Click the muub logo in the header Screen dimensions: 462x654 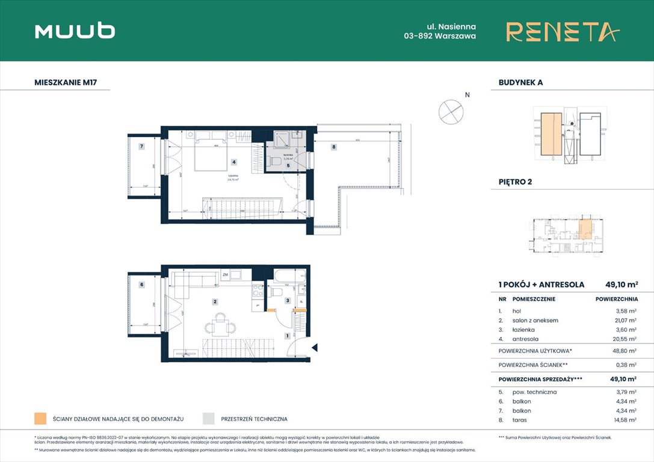pyautogui.click(x=75, y=31)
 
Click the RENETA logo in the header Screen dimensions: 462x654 pyautogui.click(x=562, y=32)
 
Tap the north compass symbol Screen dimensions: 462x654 pyautogui.click(x=451, y=111)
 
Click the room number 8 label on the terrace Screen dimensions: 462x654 pyautogui.click(x=333, y=146)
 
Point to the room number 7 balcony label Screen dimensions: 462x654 pyautogui.click(x=141, y=146)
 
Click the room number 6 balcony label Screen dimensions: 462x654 pyautogui.click(x=141, y=285)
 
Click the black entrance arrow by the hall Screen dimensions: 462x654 pyautogui.click(x=314, y=346)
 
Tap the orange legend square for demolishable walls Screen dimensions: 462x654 pyautogui.click(x=40, y=419)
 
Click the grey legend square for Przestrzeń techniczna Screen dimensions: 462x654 pyautogui.click(x=209, y=419)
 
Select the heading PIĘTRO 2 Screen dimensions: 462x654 pyautogui.click(x=516, y=182)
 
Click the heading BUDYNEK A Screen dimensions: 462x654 pyautogui.click(x=520, y=82)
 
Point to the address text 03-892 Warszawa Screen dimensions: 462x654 pyautogui.click(x=440, y=36)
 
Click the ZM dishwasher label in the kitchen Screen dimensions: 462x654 pyautogui.click(x=225, y=275)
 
